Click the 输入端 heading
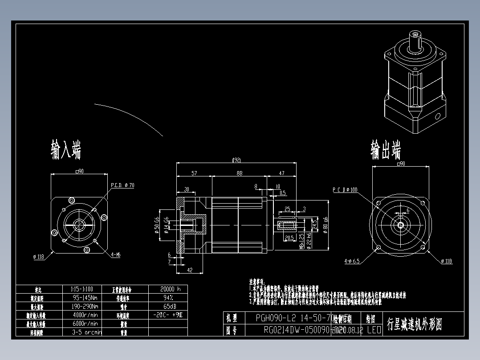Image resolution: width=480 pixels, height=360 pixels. pos(66,150)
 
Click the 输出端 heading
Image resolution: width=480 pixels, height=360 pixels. pos(386,150)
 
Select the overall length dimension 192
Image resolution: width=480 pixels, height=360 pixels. pos(237,160)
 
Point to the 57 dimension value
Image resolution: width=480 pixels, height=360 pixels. pos(194,173)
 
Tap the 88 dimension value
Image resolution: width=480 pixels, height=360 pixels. pos(239,173)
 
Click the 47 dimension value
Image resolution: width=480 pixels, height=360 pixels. pos(281,173)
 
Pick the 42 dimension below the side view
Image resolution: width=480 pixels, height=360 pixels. pos(189,270)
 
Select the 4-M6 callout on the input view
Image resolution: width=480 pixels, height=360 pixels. pos(116,255)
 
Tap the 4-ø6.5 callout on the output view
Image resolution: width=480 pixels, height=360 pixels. pos(352,261)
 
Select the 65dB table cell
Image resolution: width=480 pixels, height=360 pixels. pos(167,307)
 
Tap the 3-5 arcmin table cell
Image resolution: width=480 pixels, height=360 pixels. pos(87,332)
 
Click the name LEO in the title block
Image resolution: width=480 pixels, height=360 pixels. pos(374,330)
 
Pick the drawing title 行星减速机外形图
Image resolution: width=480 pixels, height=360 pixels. pos(414,324)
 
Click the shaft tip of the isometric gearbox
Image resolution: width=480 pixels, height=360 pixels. pos(416,34)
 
